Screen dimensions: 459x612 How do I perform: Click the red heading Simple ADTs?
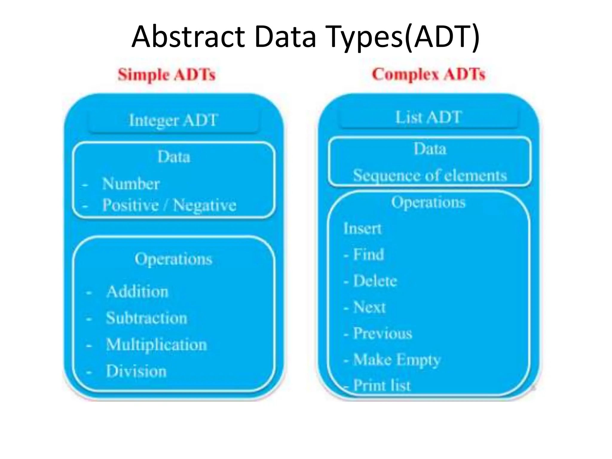tap(166, 75)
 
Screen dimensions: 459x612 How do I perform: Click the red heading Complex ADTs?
tap(429, 74)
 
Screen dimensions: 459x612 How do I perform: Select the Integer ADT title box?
tap(173, 121)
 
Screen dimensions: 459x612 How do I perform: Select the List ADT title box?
tap(429, 117)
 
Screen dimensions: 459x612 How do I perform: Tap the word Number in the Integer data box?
tap(131, 183)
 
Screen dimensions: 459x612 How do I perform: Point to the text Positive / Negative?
tap(169, 205)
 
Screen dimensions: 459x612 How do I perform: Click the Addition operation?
tap(137, 292)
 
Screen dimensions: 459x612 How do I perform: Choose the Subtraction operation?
tap(147, 318)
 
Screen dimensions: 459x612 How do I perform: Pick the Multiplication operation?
tap(157, 345)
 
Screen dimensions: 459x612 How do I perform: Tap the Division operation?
tap(136, 371)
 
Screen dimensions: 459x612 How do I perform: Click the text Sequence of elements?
tap(430, 175)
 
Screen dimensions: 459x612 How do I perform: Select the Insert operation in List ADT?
tap(362, 229)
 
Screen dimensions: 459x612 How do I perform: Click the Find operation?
tap(368, 255)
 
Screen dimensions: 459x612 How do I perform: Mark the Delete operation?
tap(375, 281)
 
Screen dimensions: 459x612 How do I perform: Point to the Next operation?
tap(369, 307)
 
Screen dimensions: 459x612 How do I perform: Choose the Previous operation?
tap(382, 333)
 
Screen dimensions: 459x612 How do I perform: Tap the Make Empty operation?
tap(397, 360)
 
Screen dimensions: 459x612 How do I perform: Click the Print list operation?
tap(382, 385)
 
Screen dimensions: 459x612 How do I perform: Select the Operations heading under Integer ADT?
tap(173, 259)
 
